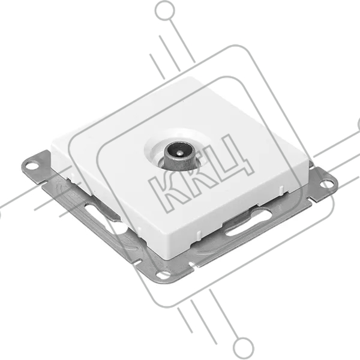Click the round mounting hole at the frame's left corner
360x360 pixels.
[x=32, y=165]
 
